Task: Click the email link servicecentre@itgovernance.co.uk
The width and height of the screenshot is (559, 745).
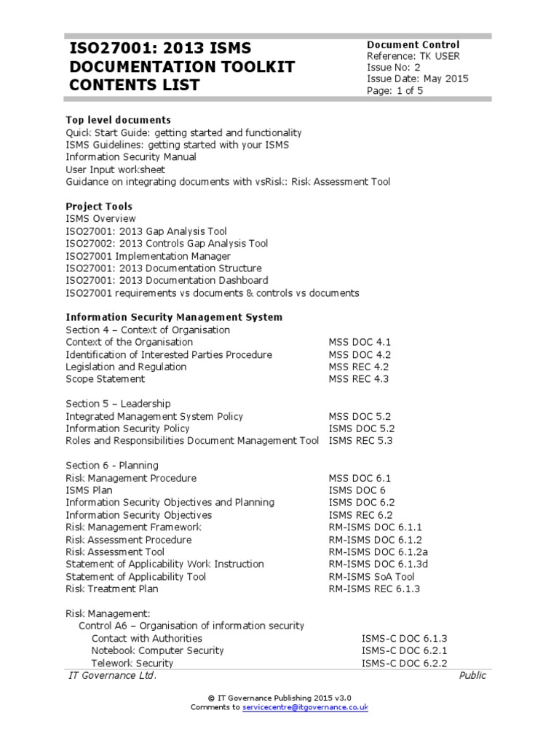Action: click(x=305, y=707)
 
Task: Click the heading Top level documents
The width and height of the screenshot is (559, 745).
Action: click(x=119, y=120)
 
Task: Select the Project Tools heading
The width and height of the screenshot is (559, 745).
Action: click(x=99, y=207)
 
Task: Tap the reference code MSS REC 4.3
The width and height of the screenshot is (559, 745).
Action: click(x=359, y=379)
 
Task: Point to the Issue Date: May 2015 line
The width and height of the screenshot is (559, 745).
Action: click(x=417, y=79)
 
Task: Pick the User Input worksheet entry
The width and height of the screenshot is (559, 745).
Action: click(x=116, y=170)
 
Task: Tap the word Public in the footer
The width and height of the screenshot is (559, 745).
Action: click(x=472, y=676)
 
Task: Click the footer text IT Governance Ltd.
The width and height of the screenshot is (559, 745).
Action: click(x=112, y=676)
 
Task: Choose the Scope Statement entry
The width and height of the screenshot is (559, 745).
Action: click(x=106, y=379)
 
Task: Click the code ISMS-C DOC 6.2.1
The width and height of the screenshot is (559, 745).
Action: click(x=404, y=650)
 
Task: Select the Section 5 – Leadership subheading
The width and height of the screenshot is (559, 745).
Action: click(x=119, y=404)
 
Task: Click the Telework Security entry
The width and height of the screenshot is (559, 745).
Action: click(x=132, y=663)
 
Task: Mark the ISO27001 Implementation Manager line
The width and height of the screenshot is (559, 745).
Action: click(x=148, y=256)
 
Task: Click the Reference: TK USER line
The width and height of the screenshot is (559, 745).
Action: click(x=413, y=56)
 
